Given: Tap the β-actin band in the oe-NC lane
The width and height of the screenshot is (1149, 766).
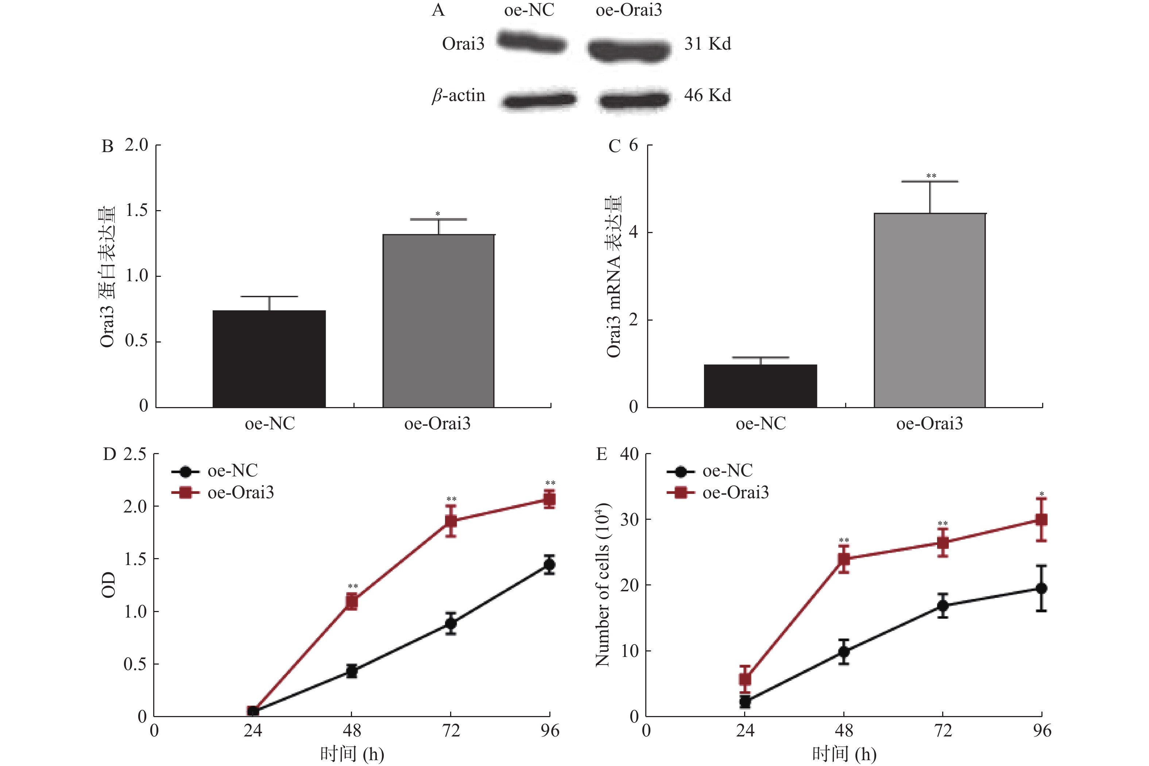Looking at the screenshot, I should coord(538,100).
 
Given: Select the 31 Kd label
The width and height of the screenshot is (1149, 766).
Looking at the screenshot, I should coord(707,44).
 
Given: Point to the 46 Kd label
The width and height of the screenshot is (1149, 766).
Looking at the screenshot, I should coord(707,95).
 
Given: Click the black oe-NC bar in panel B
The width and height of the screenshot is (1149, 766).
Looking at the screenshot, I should coord(269,359).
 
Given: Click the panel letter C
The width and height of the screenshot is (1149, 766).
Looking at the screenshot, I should coord(614,147).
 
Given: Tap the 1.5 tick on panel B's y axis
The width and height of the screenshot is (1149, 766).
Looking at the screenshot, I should coord(137,210).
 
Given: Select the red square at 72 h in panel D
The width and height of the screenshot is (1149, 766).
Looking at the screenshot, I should coord(451,521).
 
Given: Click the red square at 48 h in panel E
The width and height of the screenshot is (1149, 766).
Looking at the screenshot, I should coord(844,559).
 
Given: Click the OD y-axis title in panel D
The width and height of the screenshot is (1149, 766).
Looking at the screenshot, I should coord(108,585).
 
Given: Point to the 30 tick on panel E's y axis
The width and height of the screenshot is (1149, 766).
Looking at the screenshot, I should coord(630,520).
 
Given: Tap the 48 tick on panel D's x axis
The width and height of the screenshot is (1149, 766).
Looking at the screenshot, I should coord(352,731).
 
